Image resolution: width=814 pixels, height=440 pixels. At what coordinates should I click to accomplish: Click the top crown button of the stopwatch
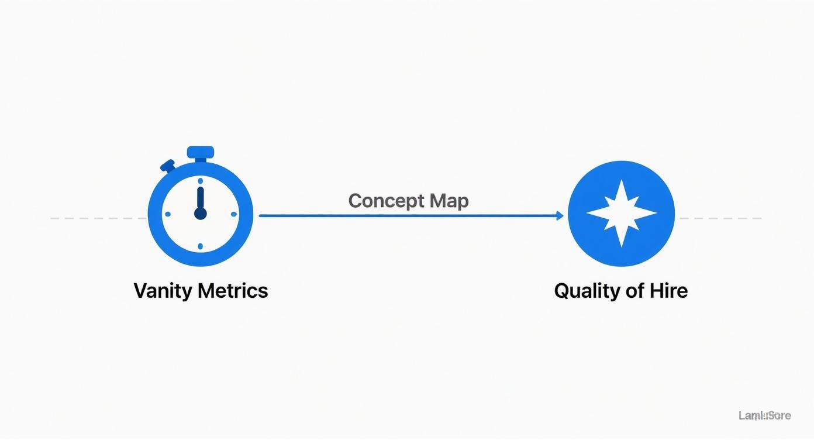coord(200,152)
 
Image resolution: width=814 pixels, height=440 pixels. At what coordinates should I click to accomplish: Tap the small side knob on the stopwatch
coord(168,166)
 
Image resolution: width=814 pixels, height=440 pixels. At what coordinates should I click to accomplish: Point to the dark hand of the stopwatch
coord(200,199)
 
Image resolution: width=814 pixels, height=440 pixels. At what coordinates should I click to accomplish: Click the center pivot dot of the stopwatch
coord(200,214)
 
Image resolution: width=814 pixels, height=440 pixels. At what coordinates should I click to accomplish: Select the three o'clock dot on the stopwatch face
coord(234,214)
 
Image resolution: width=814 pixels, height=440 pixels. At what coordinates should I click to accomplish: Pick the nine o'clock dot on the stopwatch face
coord(166,214)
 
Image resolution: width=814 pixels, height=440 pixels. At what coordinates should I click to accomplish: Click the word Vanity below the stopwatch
coord(163,291)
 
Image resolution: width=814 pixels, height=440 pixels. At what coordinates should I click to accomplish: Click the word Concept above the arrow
coord(387,201)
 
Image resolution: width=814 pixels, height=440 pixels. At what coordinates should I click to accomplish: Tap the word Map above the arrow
coord(449,201)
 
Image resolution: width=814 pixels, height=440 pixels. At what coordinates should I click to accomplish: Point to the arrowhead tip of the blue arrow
coord(562,215)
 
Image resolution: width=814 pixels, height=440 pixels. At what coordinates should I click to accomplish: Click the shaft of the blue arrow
coord(409,215)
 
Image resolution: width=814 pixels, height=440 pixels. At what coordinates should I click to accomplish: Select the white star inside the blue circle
coord(621,214)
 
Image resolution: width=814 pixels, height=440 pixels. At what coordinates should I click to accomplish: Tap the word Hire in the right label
coord(668,291)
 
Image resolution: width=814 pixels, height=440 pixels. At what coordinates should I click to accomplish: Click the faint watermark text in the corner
coord(764,416)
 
